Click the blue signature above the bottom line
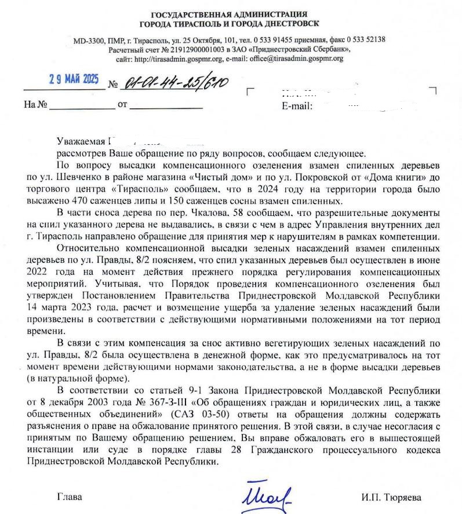(267, 495)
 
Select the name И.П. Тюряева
(391, 497)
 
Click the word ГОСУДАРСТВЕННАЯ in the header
(187, 14)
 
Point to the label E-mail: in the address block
(297, 107)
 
